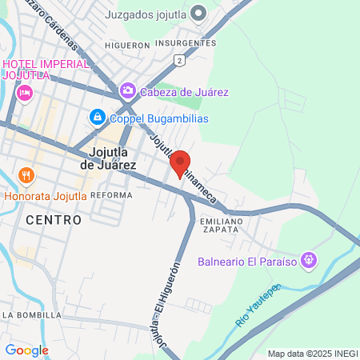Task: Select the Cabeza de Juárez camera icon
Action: click(127, 91)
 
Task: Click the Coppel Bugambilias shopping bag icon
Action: click(97, 118)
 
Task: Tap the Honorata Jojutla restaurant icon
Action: click(26, 175)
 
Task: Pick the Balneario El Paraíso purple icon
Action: click(311, 261)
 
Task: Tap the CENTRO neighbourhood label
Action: click(54, 219)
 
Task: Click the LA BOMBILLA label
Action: click(32, 315)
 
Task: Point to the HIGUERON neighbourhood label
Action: click(127, 46)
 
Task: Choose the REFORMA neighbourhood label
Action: click(111, 195)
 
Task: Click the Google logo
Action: click(26, 350)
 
